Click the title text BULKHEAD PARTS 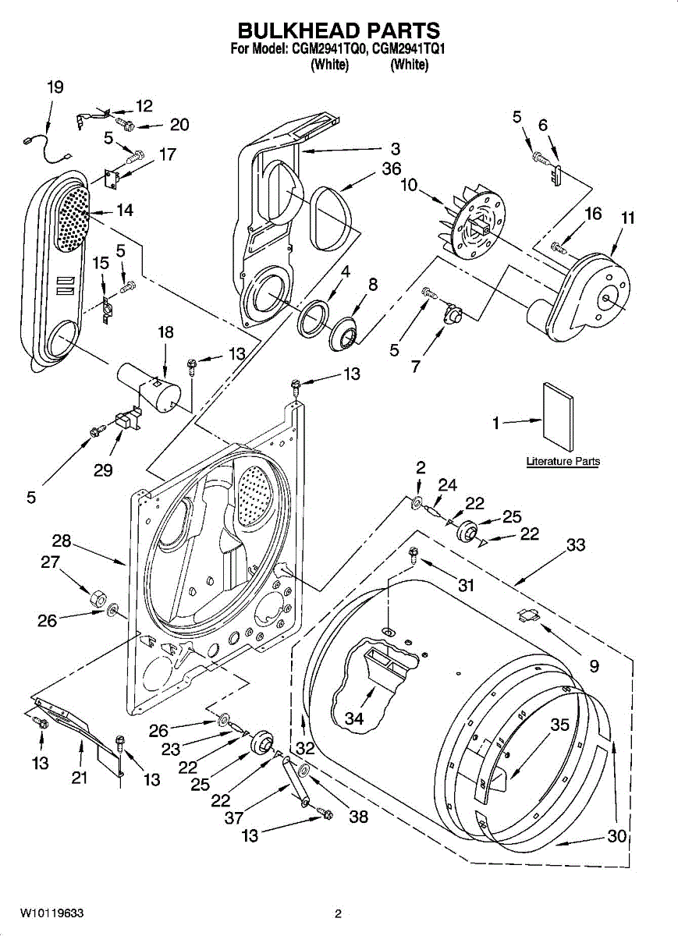[339, 30]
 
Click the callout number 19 [55, 87]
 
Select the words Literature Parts [563, 462]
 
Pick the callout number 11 [627, 218]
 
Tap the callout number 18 [165, 332]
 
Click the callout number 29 [102, 470]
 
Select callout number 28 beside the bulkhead [62, 541]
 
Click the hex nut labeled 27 [96, 599]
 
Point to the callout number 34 [354, 718]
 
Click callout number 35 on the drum [560, 725]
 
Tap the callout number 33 [576, 544]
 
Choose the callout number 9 [594, 665]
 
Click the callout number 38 [358, 817]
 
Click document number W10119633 [52, 913]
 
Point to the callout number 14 [124, 210]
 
